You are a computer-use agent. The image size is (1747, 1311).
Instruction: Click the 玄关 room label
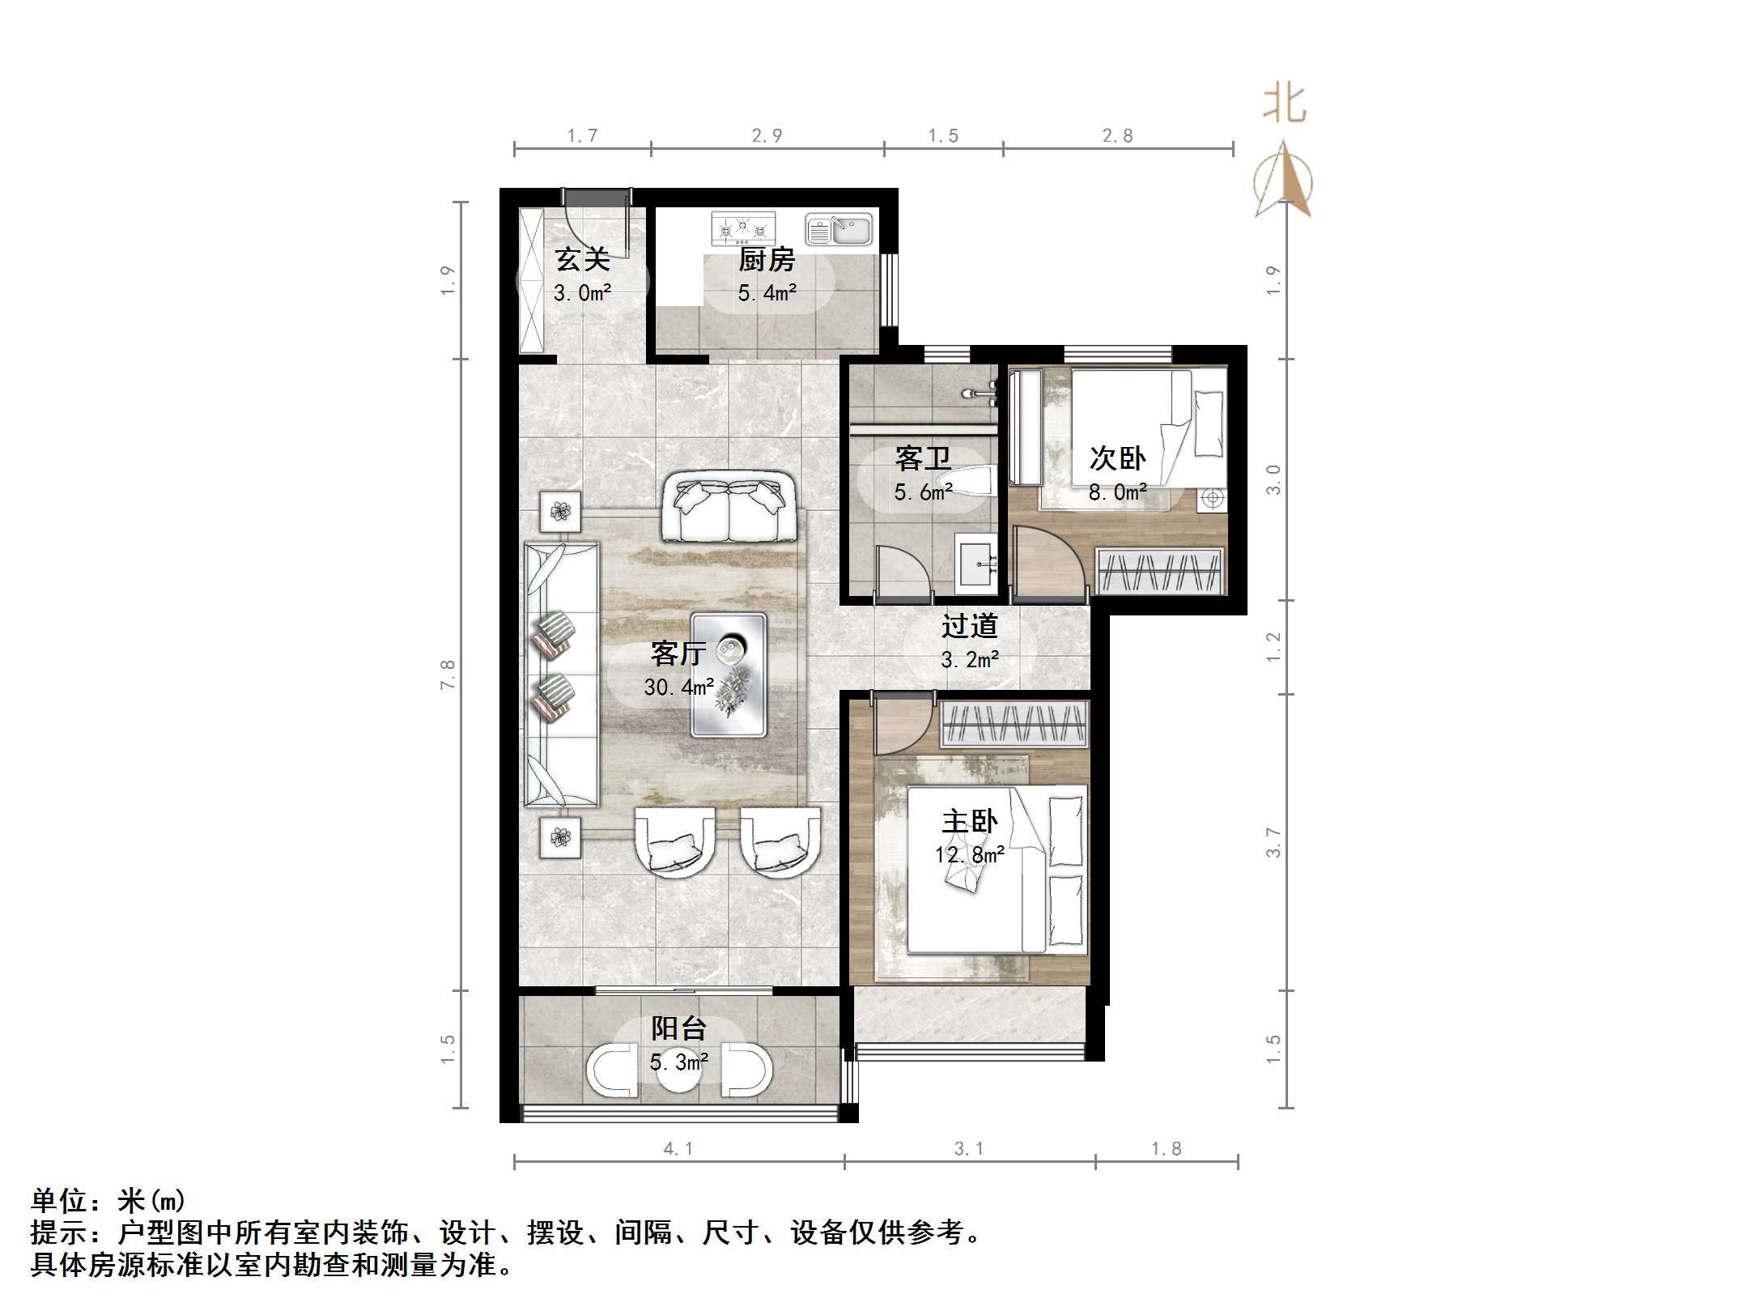click(582, 260)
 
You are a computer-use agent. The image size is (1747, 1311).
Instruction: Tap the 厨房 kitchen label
click(767, 260)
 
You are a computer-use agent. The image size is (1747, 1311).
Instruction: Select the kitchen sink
click(839, 230)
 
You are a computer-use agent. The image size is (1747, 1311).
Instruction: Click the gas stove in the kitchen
click(743, 228)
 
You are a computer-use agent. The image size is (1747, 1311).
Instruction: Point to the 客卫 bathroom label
click(923, 459)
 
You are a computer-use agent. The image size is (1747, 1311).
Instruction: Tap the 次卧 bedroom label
click(1117, 459)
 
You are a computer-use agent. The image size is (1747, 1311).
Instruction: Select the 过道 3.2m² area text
click(969, 660)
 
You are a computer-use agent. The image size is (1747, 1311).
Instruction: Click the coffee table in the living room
click(729, 675)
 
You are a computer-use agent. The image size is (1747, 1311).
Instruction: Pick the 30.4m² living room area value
click(678, 687)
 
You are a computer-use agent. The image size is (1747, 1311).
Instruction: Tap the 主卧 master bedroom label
click(969, 822)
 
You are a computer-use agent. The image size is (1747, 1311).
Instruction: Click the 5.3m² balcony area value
click(678, 1062)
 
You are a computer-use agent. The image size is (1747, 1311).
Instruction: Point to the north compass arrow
click(1283, 181)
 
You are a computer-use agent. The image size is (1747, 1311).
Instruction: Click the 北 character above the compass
click(1285, 104)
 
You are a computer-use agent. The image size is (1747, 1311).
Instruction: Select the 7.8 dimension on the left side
click(448, 675)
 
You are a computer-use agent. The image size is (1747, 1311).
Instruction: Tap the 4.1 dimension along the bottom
click(678, 1148)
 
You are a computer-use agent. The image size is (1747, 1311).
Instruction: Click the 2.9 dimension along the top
click(767, 136)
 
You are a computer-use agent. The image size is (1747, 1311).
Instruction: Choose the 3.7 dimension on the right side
click(1273, 842)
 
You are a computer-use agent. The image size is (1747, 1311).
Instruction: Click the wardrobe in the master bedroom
click(1014, 724)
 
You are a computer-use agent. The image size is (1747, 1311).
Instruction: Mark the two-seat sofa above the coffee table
click(729, 509)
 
